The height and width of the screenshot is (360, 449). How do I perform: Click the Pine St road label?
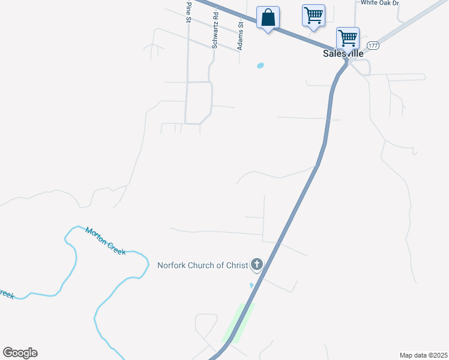pyautogui.click(x=188, y=12)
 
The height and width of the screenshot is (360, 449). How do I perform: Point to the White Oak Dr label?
pyautogui.click(x=379, y=3)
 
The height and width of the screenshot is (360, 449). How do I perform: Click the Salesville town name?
pyautogui.click(x=343, y=53)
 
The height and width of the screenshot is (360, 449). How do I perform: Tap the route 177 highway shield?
pyautogui.click(x=373, y=46)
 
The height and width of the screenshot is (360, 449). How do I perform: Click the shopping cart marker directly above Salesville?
pyautogui.click(x=348, y=38)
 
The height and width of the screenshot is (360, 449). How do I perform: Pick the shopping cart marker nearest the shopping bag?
pyautogui.click(x=313, y=15)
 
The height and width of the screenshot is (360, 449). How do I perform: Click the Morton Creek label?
pyautogui.click(x=106, y=241)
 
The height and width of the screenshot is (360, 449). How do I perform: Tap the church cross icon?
pyautogui.click(x=257, y=263)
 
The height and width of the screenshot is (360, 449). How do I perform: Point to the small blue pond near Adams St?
pyautogui.click(x=261, y=65)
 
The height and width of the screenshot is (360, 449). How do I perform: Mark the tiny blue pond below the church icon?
pyautogui.click(x=252, y=285)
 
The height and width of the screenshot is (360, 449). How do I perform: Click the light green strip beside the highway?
pyautogui.click(x=238, y=323)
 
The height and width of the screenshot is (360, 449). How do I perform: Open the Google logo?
pyautogui.click(x=20, y=353)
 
